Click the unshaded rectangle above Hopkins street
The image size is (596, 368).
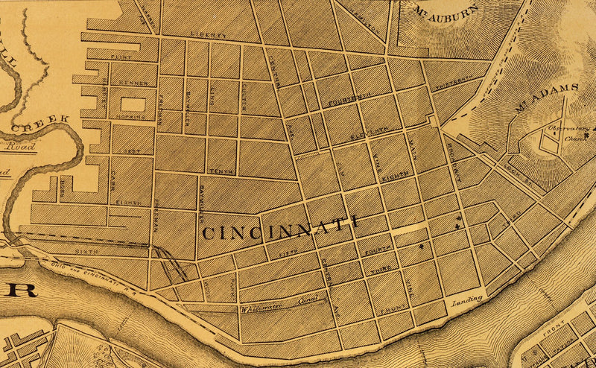(x=132, y=104)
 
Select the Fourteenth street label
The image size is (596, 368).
(x=346, y=98)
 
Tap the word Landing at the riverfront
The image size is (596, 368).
(x=467, y=299)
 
